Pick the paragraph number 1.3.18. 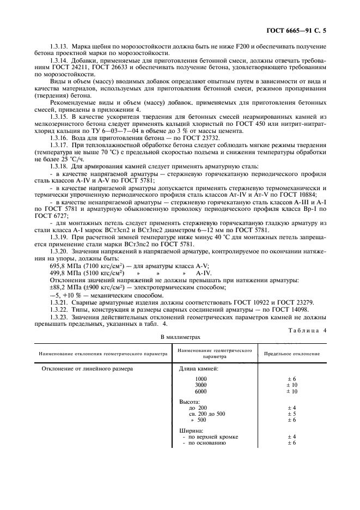[60, 165]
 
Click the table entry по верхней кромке [211, 436]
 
